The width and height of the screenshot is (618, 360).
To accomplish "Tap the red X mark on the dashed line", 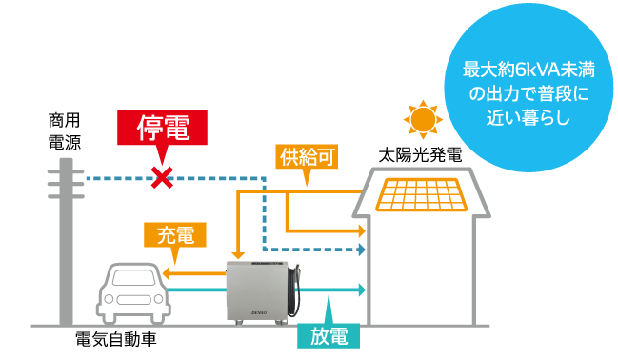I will point(163,177).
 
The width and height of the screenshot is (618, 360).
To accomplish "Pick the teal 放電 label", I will point(329,334).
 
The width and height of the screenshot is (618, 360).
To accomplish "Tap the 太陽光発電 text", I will point(420,155).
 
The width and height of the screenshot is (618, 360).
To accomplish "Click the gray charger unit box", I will point(255,290).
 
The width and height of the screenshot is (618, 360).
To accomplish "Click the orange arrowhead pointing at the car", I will point(168,273).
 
